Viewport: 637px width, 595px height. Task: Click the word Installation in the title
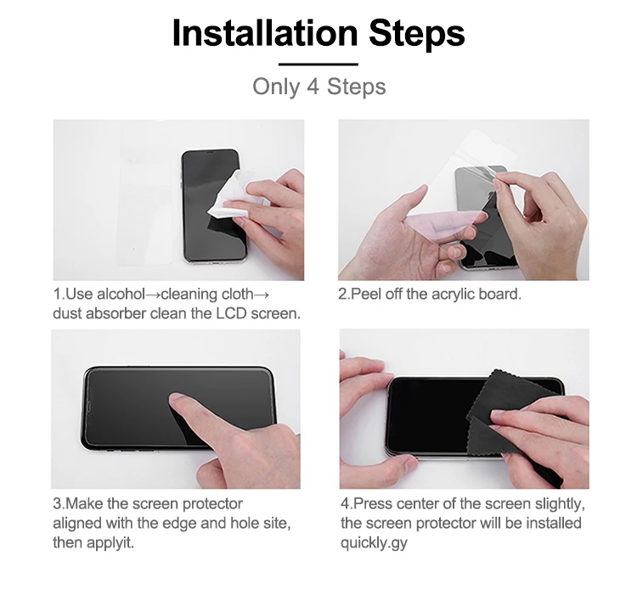(264, 33)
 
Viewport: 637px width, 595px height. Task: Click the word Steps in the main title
(416, 33)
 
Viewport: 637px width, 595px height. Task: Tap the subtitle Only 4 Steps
(318, 87)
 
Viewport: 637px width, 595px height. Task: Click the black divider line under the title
(318, 64)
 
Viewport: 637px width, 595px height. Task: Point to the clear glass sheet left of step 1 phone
(144, 204)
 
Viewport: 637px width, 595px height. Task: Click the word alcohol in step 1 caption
(120, 295)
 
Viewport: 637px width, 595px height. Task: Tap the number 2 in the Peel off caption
(342, 295)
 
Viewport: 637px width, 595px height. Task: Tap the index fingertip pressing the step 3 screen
(178, 400)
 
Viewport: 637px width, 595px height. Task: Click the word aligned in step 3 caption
(83, 523)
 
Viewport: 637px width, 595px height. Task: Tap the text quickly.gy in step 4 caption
(374, 542)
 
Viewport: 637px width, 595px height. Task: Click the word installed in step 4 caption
(550, 523)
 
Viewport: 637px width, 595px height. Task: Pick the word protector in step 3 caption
(205, 504)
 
